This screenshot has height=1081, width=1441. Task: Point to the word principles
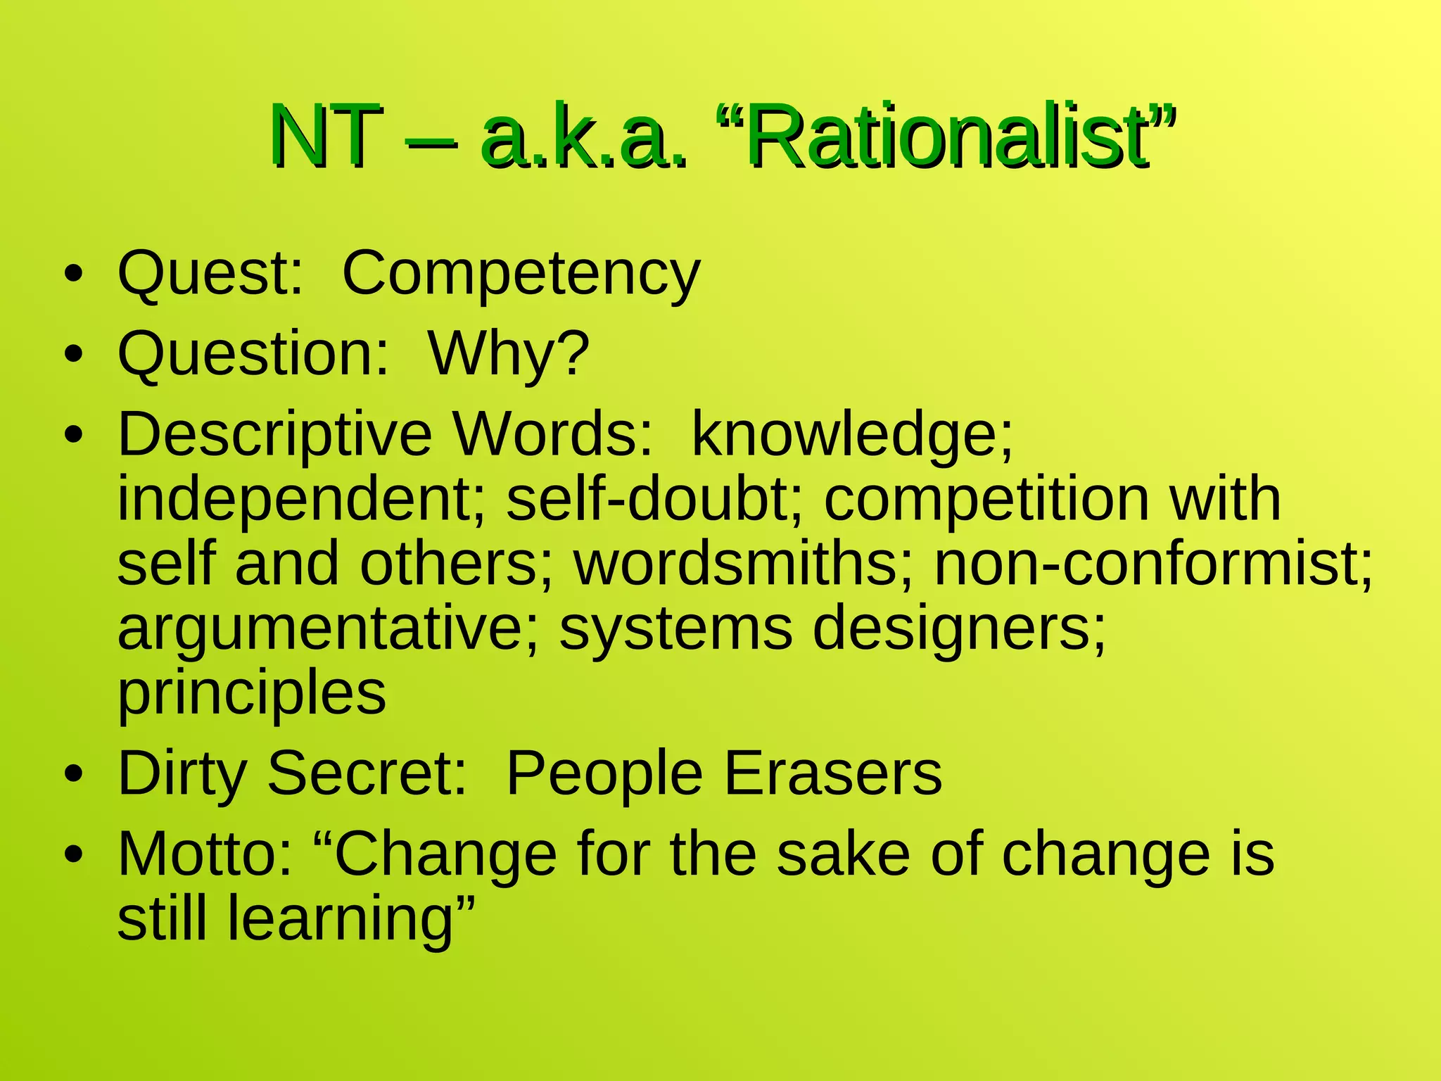[252, 693]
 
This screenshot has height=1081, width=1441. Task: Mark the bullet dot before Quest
[72, 274]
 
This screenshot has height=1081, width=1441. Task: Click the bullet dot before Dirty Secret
[72, 775]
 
